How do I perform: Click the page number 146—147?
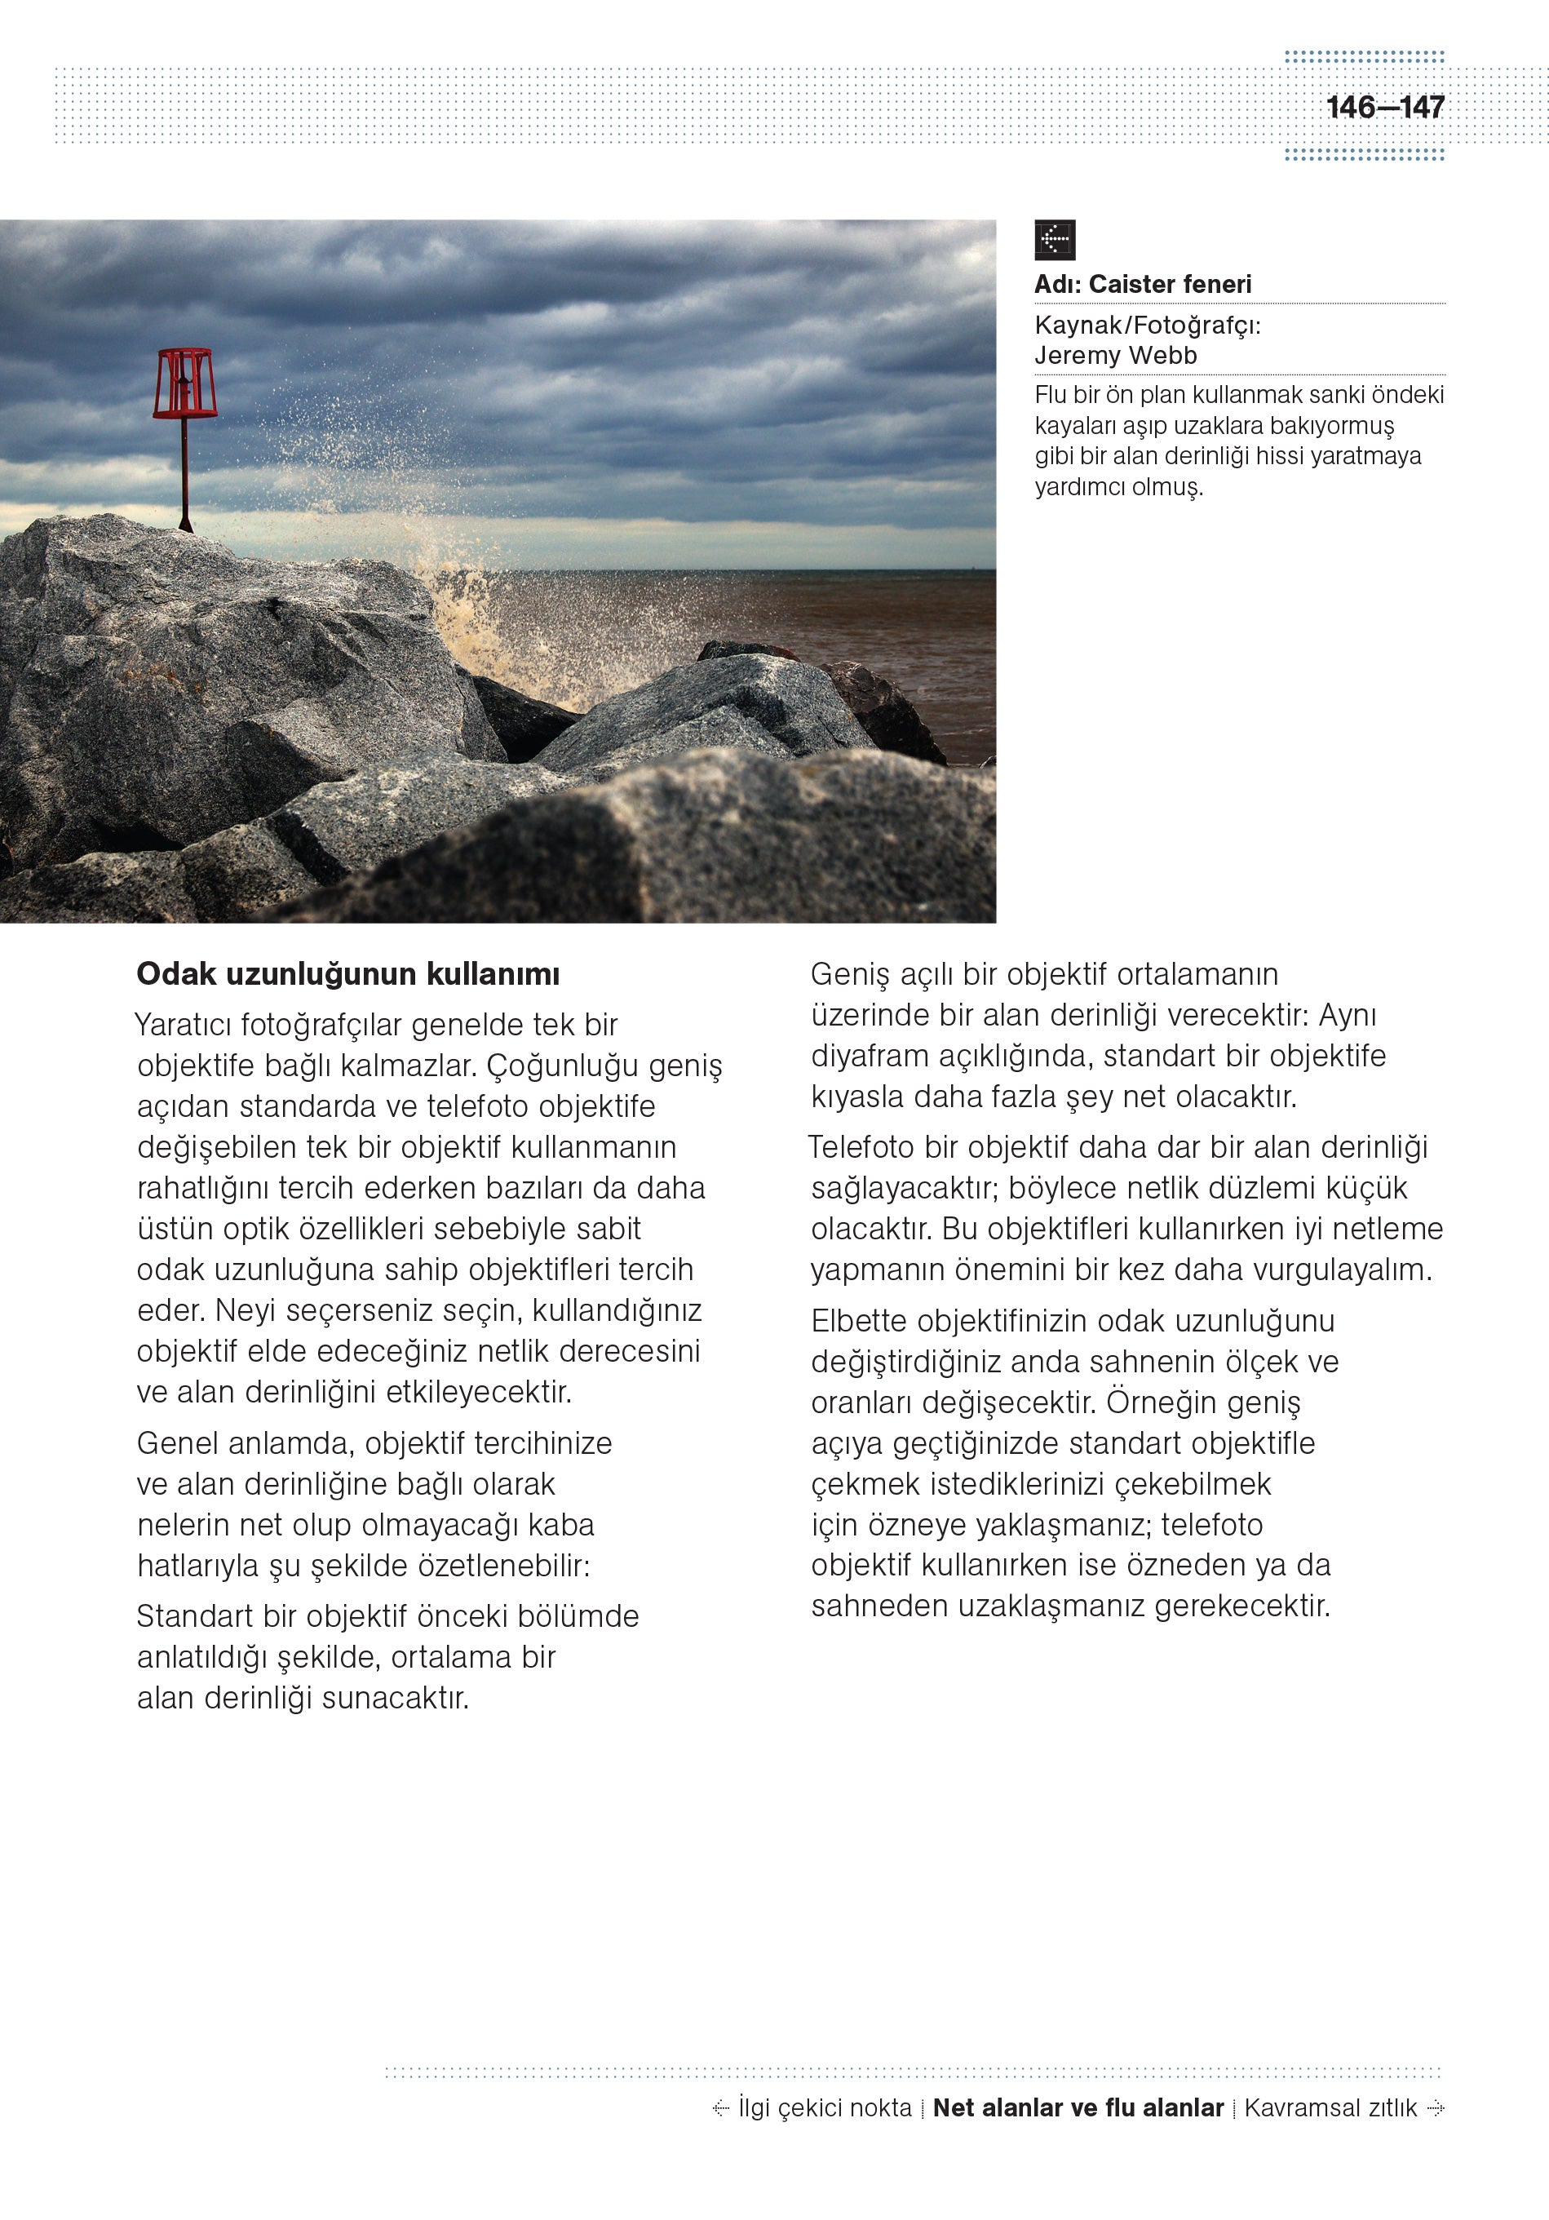(x=1384, y=108)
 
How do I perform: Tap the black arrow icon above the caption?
(x=1054, y=240)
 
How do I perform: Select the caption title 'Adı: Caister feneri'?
(x=1142, y=284)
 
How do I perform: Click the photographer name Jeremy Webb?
(x=1115, y=356)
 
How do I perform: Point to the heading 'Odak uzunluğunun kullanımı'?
(x=348, y=973)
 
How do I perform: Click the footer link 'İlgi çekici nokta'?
(x=825, y=2108)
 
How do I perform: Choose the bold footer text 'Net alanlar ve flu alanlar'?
(x=1078, y=2108)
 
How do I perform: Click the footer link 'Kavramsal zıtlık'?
(x=1330, y=2108)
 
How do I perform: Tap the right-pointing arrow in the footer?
(x=1436, y=2108)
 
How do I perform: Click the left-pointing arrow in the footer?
(x=720, y=2108)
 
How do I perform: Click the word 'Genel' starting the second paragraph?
(x=177, y=1442)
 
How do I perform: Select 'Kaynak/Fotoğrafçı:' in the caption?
(x=1147, y=325)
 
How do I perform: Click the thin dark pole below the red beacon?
(x=184, y=474)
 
